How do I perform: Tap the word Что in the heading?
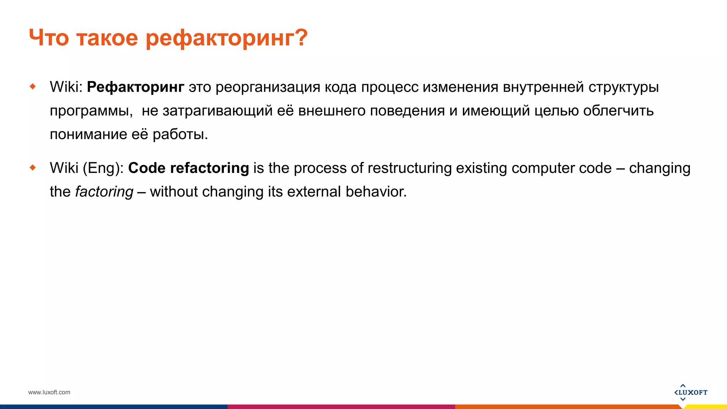[x=49, y=38]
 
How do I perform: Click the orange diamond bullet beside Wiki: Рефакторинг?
[x=33, y=86]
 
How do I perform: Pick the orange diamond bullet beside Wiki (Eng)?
[x=33, y=167]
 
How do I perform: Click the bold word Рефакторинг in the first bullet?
[x=136, y=87]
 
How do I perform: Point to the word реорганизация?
[x=268, y=87]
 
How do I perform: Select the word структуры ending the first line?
[x=623, y=87]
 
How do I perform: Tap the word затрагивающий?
[x=217, y=111]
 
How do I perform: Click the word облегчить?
[x=618, y=111]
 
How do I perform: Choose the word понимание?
[x=88, y=135]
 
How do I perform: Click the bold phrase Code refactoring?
[x=188, y=168]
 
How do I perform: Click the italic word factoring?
[x=104, y=192]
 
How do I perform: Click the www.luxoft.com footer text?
[x=49, y=392]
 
